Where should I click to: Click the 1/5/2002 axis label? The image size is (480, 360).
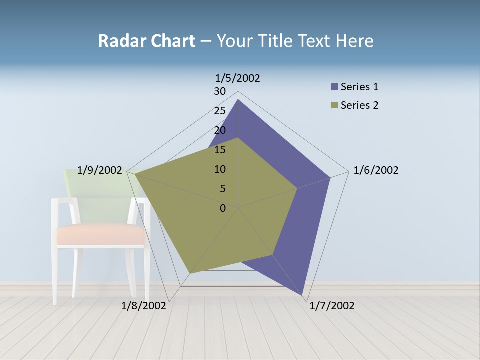[x=237, y=78]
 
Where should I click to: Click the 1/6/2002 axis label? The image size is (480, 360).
[x=376, y=170]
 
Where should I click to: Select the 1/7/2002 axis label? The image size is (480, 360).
[x=332, y=306]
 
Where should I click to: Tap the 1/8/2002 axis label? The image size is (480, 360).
[x=144, y=306]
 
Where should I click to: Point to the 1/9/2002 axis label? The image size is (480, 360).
[x=100, y=170]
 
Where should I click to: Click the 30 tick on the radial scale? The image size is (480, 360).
[x=220, y=91]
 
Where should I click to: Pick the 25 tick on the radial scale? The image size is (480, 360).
[x=220, y=111]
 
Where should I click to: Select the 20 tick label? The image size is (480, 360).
[x=220, y=130]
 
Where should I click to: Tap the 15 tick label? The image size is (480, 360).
[x=220, y=150]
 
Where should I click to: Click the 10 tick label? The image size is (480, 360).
[x=220, y=169]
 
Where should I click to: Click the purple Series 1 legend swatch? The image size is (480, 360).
[x=334, y=87]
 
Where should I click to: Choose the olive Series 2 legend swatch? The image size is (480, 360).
[x=334, y=105]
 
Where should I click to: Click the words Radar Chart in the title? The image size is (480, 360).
[x=146, y=41]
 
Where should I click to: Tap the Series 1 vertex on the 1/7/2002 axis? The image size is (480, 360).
[x=302, y=296]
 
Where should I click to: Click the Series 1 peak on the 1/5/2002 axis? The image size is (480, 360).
[x=238, y=100]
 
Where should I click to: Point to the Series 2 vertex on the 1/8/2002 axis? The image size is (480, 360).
[x=189, y=273]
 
